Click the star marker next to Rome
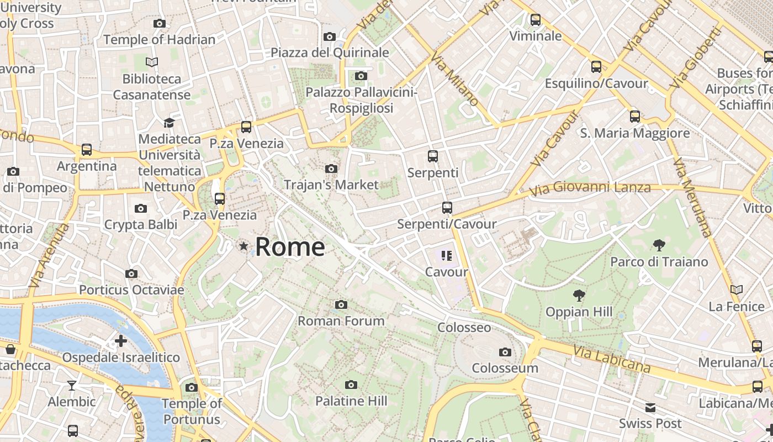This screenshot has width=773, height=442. click(243, 246)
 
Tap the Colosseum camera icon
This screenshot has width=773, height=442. click(505, 352)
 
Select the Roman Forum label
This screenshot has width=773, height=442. click(341, 320)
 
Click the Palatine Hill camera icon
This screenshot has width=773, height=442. click(351, 385)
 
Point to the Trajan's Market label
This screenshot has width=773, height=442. click(331, 185)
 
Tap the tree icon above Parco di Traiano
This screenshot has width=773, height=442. click(659, 245)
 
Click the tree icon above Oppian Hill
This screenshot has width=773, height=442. click(579, 295)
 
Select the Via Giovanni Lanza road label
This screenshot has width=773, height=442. click(590, 188)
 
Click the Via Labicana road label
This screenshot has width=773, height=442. click(612, 359)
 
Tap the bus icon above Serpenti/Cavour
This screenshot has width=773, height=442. click(447, 208)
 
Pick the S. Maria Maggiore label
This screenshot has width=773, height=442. click(635, 133)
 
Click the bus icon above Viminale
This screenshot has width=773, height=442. click(535, 20)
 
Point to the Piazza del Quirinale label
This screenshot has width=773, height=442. click(330, 52)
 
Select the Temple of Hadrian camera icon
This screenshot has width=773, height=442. click(160, 23)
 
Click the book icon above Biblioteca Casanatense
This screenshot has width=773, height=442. click(152, 62)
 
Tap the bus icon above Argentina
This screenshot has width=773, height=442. click(87, 150)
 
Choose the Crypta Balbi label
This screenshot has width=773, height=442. click(141, 224)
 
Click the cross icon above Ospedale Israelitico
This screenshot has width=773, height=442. click(121, 341)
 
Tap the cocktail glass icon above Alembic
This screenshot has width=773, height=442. click(72, 385)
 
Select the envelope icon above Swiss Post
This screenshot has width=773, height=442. click(650, 408)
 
